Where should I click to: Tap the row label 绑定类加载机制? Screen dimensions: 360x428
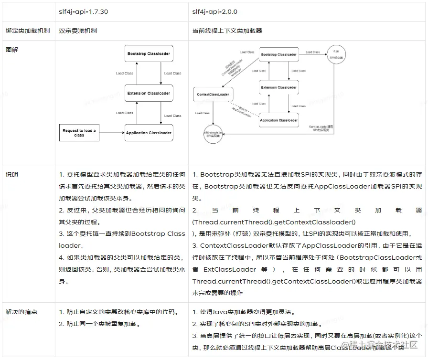pos(27,31)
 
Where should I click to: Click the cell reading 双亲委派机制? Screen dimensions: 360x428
pos(78,31)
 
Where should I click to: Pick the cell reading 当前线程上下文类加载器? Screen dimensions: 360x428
pos(227,31)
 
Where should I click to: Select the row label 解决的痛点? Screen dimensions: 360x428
pos(21,312)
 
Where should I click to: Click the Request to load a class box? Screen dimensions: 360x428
pos(79,133)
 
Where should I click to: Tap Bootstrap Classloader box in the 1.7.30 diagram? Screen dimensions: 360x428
pos(149,53)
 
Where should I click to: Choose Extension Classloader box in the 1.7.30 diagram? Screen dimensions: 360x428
pos(149,93)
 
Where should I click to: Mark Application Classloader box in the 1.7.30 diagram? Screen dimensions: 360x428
pos(149,133)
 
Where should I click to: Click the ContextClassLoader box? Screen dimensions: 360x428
pos(213,95)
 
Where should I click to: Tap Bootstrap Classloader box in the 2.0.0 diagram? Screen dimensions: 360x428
pos(278,54)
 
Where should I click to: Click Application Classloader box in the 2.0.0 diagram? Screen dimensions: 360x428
pos(278,120)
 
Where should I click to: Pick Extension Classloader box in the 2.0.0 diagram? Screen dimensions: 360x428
pos(278,87)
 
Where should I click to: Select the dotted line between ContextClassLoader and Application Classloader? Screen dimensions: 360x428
pos(244,108)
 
